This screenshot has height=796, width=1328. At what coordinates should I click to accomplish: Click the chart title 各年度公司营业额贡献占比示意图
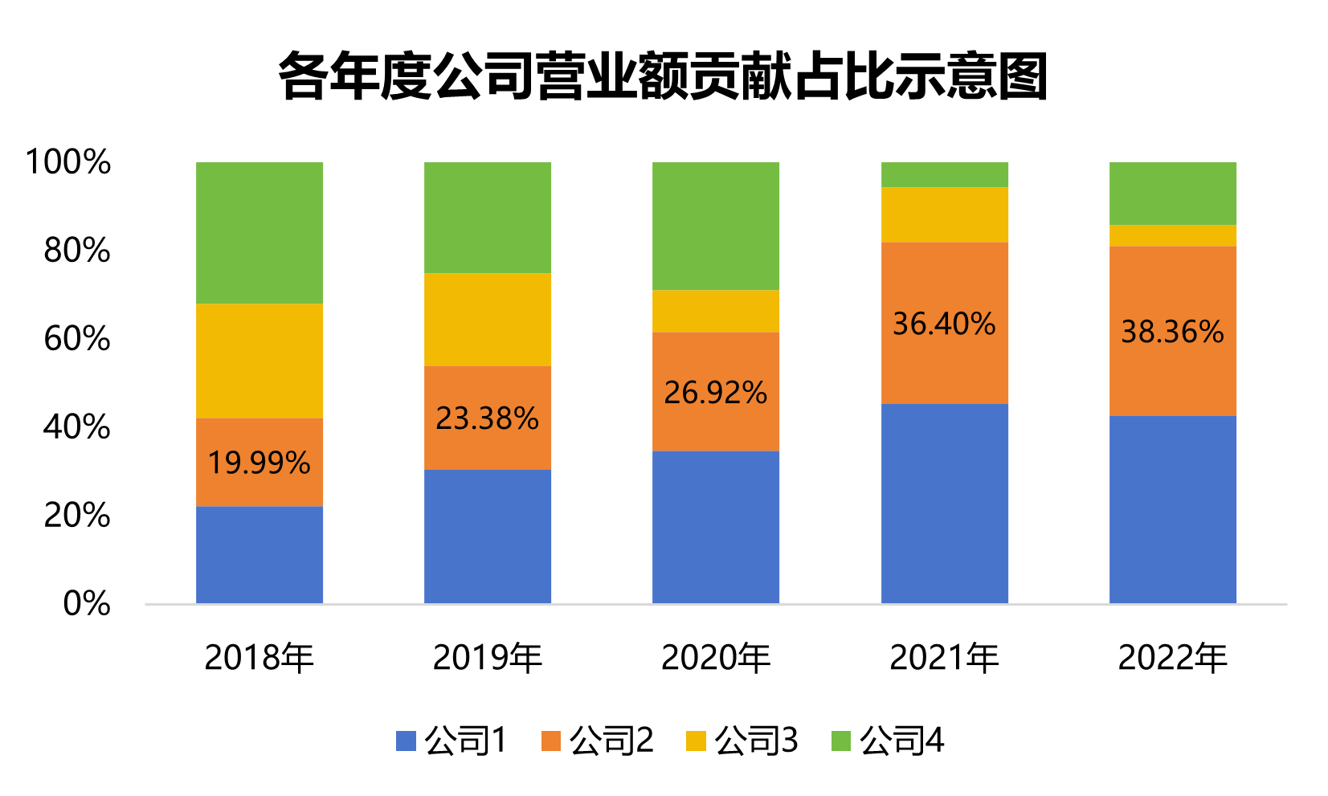pos(663,77)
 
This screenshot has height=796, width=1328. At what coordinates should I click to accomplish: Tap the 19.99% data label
pos(259,463)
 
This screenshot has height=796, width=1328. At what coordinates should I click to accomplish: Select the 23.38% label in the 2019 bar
pos(487,418)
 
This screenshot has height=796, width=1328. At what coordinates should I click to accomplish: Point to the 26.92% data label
pos(715,393)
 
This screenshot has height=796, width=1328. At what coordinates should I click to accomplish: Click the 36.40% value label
pos(944,325)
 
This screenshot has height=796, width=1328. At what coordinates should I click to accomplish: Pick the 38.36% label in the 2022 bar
pos(1172,332)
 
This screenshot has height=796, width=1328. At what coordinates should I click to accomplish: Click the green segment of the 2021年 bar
pos(944,174)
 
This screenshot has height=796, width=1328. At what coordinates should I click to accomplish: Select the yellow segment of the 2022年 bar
pos(1172,235)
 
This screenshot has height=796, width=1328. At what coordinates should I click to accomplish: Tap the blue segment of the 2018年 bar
pos(259,554)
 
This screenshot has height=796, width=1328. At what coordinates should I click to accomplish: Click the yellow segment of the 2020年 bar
pos(715,311)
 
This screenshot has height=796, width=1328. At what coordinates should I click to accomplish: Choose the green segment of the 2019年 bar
pos(487,217)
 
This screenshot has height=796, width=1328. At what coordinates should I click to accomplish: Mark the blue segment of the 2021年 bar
pos(944,503)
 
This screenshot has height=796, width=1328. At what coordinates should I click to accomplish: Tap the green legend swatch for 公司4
pos(840,741)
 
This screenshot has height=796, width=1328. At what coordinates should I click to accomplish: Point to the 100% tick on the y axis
pos(68,162)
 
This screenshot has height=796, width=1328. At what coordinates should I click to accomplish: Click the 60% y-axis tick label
pos(77,339)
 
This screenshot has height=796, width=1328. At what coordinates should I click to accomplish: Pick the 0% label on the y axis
pos(87,603)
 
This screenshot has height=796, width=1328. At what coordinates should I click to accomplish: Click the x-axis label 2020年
pos(715,658)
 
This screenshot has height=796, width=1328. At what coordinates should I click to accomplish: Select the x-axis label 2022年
pos(1172,658)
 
